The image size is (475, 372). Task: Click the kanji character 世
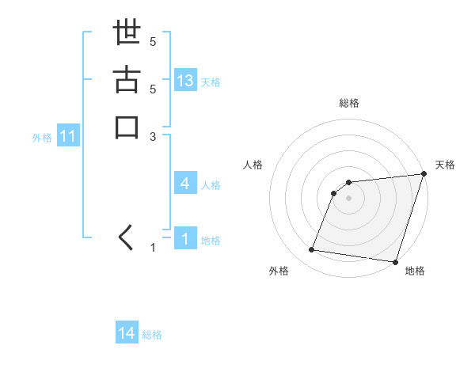point(127,35)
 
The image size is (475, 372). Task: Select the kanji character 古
point(127,82)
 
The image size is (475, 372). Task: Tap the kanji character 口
point(127,127)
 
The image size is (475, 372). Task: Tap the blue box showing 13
point(185,81)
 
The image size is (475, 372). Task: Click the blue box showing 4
point(185,184)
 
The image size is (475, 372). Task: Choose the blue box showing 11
point(68,137)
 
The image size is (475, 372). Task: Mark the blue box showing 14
point(127,334)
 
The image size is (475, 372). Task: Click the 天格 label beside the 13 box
point(211,82)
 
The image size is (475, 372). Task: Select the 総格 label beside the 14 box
point(152,335)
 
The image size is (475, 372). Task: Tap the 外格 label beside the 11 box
point(42,138)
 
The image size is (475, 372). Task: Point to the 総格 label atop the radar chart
point(349,103)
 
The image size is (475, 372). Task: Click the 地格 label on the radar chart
point(415,271)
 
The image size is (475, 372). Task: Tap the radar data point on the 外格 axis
point(312,250)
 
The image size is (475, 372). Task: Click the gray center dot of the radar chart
point(349,198)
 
